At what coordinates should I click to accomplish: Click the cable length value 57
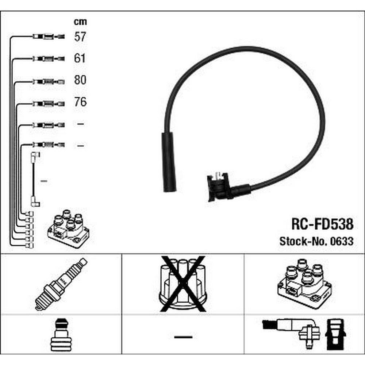[80, 37]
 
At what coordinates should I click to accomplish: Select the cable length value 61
[80, 58]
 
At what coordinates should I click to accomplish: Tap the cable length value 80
[80, 80]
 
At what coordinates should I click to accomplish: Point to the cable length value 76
[80, 102]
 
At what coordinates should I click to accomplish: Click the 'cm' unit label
[80, 22]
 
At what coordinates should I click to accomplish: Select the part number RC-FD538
[322, 224]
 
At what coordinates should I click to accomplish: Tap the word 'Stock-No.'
[304, 241]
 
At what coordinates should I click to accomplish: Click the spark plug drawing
[61, 284]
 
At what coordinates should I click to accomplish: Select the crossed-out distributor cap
[183, 284]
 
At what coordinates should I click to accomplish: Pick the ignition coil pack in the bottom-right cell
[304, 284]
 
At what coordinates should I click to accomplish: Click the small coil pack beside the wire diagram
[68, 229]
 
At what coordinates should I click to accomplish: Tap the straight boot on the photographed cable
[169, 162]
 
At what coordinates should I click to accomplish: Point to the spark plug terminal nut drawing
[61, 335]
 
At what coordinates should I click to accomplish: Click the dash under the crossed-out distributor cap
[183, 337]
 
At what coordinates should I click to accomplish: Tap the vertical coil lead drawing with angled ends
[35, 179]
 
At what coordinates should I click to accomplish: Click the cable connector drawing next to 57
[49, 36]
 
